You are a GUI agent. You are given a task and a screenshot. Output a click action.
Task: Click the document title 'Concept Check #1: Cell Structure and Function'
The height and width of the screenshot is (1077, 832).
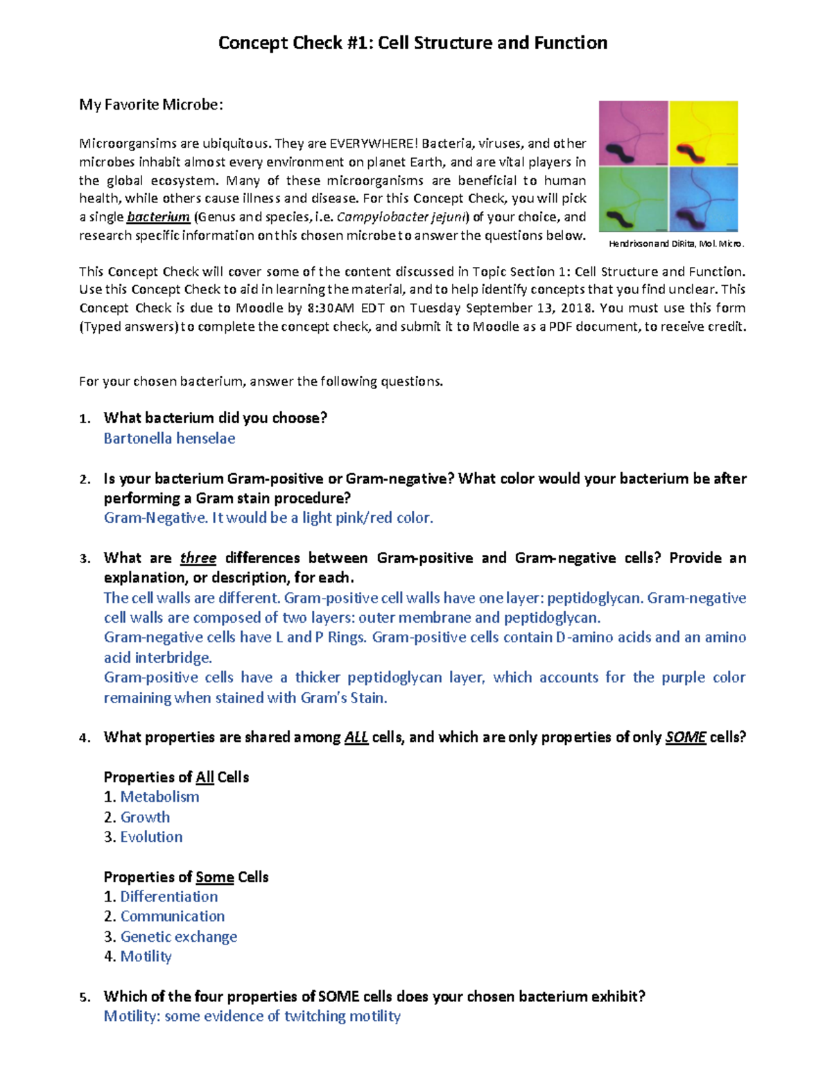click(413, 43)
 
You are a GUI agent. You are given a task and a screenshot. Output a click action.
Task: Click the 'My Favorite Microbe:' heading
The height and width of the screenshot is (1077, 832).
click(150, 105)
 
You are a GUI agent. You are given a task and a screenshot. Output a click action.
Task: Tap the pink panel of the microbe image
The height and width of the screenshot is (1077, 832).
click(633, 133)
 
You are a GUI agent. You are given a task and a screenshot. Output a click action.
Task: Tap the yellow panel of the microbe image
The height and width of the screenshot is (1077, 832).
click(704, 133)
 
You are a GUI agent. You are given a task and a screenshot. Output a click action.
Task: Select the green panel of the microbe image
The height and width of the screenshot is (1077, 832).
click(633, 200)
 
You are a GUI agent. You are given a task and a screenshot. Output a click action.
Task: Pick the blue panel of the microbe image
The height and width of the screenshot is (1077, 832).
click(704, 200)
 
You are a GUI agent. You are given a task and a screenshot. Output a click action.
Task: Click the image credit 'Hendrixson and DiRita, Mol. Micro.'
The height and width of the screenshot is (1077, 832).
click(676, 244)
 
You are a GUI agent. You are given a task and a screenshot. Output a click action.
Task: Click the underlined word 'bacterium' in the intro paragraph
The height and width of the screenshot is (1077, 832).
click(158, 217)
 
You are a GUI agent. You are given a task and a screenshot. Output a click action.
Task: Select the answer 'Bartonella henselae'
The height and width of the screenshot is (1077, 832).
click(169, 438)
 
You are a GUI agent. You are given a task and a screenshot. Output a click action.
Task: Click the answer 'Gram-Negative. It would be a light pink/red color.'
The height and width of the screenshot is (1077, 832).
click(268, 518)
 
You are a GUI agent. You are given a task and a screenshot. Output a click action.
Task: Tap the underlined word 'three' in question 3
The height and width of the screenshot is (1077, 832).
click(198, 558)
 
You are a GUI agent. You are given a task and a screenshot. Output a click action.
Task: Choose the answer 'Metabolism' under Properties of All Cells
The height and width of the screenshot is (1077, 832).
click(159, 797)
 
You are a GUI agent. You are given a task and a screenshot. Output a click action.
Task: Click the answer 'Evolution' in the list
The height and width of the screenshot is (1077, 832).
click(151, 837)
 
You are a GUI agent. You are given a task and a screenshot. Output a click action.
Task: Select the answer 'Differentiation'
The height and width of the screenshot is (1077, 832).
click(169, 897)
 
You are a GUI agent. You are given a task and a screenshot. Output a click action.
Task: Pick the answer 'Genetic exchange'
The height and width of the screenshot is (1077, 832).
click(179, 937)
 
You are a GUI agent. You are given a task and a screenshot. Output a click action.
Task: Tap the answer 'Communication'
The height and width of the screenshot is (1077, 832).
click(173, 917)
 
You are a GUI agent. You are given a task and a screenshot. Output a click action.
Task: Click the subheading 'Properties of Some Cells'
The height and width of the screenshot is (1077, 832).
click(186, 877)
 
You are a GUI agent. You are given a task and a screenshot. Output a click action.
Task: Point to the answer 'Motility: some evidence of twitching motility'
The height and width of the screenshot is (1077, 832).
click(252, 1017)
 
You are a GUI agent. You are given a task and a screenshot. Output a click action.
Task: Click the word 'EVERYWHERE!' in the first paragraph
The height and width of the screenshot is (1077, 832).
click(373, 144)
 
